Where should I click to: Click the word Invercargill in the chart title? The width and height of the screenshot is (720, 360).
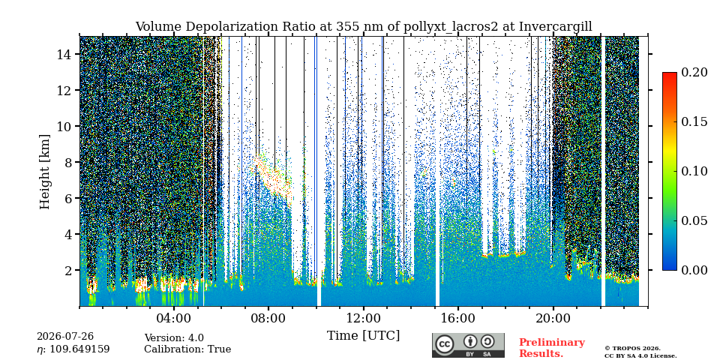556,27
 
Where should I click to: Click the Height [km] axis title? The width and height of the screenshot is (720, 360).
44,172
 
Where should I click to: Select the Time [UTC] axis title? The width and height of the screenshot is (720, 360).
363,336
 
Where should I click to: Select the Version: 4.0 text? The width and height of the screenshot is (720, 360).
174,338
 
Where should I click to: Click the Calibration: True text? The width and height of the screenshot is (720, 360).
187,349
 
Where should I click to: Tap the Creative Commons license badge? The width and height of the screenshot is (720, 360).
468,345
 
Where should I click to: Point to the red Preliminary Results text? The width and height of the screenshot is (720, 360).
552,348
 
